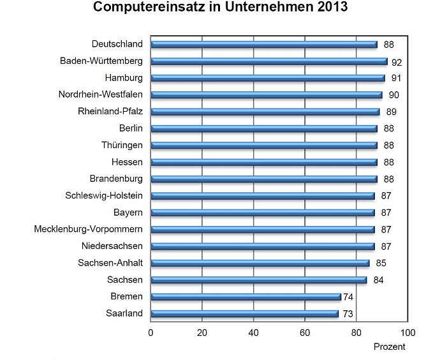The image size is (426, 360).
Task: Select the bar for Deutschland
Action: tap(264, 45)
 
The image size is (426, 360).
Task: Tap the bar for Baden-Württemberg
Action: tap(269, 62)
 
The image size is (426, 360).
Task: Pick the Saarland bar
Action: tap(244, 313)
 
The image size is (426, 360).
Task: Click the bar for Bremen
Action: tap(246, 297)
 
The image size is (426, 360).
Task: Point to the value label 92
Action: tap(397, 62)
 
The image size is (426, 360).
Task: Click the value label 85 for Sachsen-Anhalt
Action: tap(381, 263)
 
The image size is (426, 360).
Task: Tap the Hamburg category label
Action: tap(124, 78)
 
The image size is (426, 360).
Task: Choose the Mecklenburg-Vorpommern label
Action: tap(88, 229)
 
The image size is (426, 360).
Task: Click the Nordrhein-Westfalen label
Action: tap(100, 94)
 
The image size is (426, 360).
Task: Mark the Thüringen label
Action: tap(122, 145)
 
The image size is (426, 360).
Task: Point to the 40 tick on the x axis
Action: tap(254, 332)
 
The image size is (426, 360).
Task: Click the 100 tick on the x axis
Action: tap(408, 332)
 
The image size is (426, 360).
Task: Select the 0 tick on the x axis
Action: tap(151, 332)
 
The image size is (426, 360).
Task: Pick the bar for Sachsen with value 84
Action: tap(258, 280)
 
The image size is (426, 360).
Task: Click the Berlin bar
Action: tap(264, 128)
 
